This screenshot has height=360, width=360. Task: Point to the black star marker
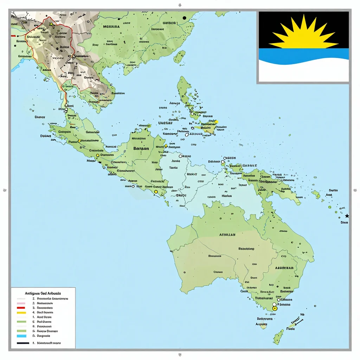347,216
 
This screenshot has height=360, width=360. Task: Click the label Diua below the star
344,222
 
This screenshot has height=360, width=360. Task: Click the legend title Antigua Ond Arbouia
43,293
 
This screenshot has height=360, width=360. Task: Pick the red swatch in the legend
21,307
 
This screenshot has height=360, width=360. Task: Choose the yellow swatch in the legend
21,312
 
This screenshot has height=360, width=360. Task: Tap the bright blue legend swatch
21,336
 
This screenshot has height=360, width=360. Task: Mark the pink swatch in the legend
21,303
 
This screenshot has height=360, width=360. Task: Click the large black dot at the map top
184,18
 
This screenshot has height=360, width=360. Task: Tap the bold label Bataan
141,148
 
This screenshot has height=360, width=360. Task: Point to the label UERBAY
165,123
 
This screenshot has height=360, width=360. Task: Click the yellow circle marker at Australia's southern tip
275,308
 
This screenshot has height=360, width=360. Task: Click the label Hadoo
226,196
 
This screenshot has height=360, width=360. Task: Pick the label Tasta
173,168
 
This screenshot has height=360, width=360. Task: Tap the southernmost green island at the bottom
278,337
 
